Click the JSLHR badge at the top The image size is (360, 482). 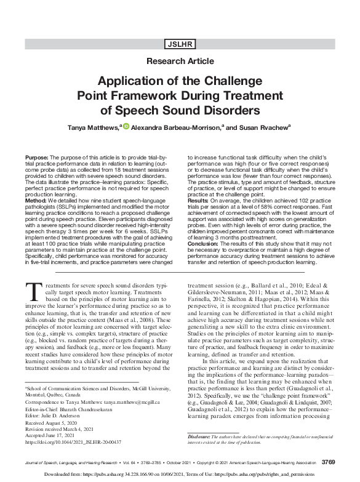point(180,44)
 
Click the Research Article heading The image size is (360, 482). point(180,62)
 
